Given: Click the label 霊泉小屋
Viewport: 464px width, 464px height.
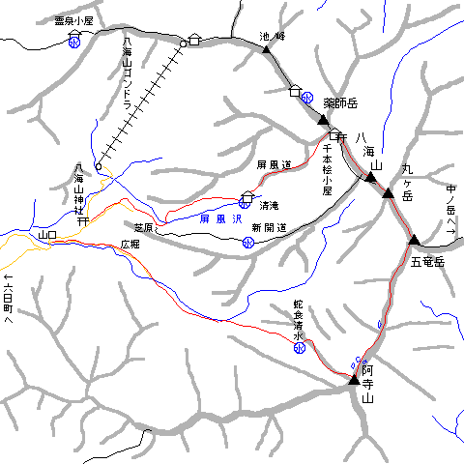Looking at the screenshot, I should pos(73,19).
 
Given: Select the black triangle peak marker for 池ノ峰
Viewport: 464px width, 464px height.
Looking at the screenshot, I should pos(267,48).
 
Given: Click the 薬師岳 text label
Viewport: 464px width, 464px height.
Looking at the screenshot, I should pos(341,101).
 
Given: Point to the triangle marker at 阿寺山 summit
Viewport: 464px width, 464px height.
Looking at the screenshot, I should pos(354,383).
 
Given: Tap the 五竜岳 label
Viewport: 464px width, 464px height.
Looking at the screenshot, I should pos(426,262).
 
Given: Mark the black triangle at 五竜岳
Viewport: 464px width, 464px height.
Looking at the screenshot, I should pos(414,241).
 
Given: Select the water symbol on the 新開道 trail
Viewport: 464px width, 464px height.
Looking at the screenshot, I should pos(248,243).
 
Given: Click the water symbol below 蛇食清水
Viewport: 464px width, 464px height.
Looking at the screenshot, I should pos(300,348).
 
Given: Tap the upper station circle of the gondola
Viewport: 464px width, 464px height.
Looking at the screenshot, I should pos(182,43).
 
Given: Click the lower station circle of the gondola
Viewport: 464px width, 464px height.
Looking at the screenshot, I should pos(98,165).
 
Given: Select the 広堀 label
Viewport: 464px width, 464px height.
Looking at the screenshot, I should pos(130,245).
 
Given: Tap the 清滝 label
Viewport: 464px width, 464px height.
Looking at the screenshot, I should pos(269,204).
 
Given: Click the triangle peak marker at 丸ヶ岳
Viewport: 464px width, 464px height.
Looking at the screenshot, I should pos(388,194).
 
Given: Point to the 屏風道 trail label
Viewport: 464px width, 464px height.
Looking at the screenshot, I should pos(274,165).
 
